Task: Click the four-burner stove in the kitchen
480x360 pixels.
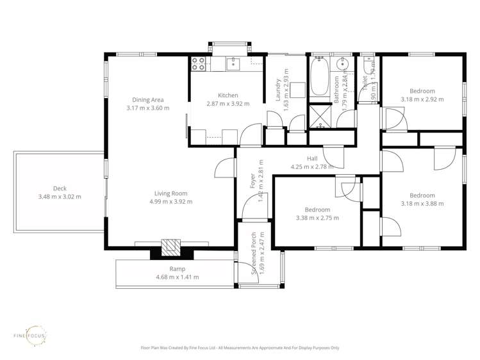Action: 198,63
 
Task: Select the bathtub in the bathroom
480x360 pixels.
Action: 319,77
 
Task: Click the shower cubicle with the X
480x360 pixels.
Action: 319,115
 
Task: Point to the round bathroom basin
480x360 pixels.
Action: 344,64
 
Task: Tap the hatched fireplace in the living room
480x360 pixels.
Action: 170,247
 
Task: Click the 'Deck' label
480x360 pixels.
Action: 60,188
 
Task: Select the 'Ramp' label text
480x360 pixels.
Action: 177,269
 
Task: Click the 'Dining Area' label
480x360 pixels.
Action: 148,99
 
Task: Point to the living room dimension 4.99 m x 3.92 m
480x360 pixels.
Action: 170,202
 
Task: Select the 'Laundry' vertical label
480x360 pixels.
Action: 278,90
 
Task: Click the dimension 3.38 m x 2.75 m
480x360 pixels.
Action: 317,218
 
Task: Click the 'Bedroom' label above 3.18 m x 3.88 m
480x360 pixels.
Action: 422,195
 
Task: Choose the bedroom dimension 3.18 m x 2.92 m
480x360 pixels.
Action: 422,99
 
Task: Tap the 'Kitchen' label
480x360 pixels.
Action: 228,95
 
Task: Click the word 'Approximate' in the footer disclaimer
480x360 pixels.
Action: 282,348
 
